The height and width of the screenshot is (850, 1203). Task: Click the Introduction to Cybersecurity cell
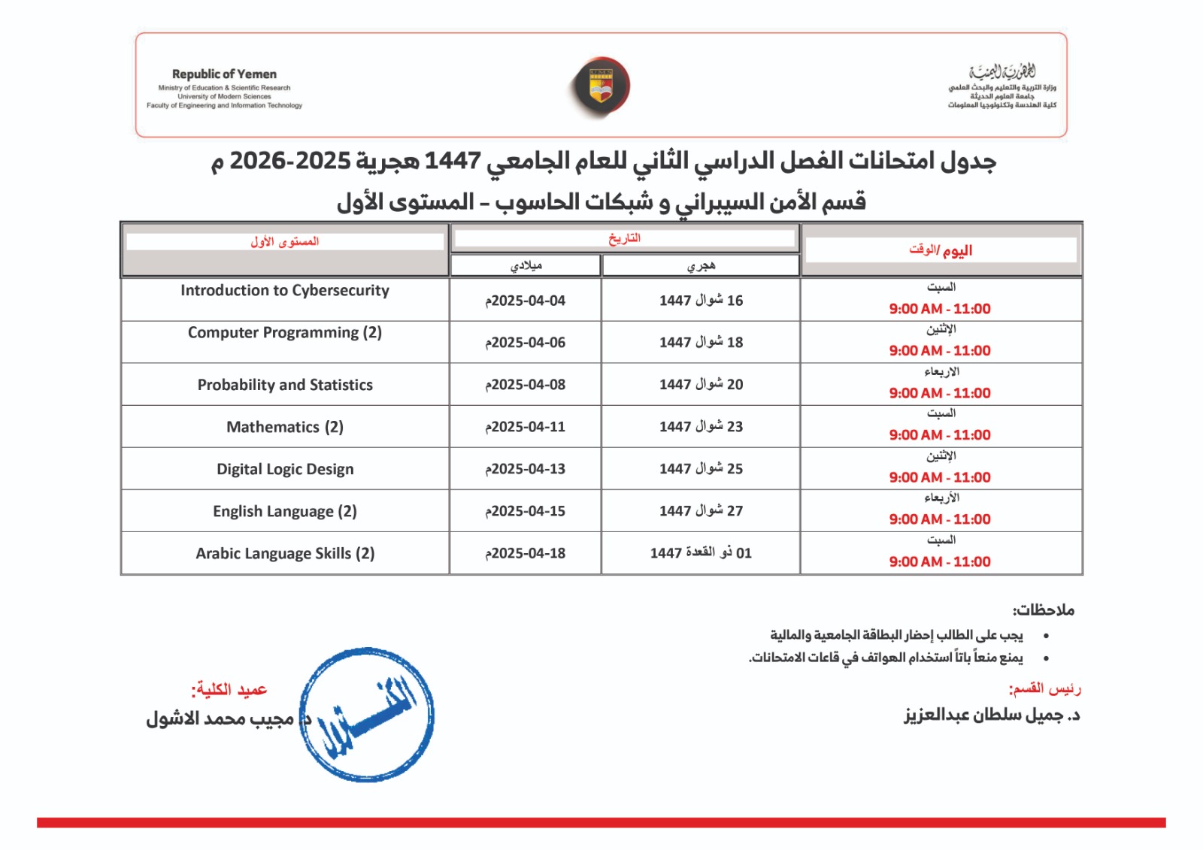point(285,291)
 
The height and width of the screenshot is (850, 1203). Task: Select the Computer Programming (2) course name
point(285,333)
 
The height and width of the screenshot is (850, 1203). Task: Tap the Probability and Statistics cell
point(285,385)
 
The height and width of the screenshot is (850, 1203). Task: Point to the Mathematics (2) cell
point(285,427)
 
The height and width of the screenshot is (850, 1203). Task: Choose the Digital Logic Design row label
point(285,469)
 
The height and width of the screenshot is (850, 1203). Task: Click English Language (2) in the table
point(285,511)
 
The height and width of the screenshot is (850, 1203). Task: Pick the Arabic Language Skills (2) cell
point(285,553)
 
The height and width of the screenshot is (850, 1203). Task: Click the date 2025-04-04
point(526,301)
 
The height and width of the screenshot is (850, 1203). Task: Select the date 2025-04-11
point(526,427)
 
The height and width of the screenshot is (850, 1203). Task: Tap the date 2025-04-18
point(526,553)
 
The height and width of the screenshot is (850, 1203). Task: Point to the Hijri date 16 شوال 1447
point(701,301)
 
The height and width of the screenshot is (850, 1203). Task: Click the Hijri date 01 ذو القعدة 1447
point(701,553)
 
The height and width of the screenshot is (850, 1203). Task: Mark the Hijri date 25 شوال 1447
point(701,469)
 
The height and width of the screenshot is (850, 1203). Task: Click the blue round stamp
point(367,714)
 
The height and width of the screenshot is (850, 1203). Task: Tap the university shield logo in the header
point(600,86)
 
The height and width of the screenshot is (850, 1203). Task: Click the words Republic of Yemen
point(224,74)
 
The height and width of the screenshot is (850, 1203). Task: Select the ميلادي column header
point(526,265)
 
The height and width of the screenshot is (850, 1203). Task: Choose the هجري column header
point(701,265)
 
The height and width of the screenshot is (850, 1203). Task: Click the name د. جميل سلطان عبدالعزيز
point(992,715)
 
